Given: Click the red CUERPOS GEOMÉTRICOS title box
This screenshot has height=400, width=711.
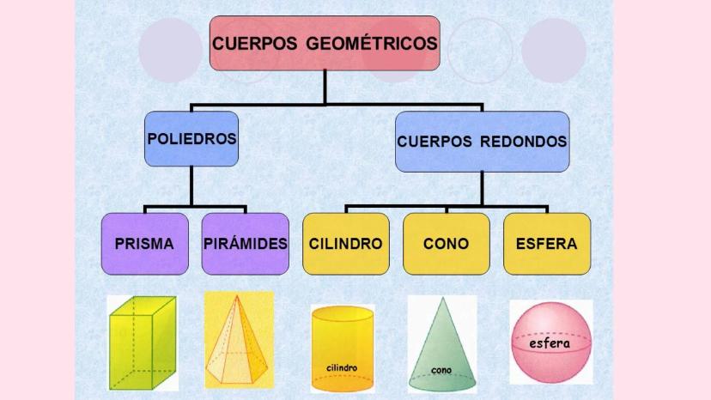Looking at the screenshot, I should coord(325,43).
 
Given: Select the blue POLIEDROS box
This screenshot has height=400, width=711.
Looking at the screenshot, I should coord(191,138).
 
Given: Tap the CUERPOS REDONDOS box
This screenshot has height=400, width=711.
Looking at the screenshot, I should coord(482,141).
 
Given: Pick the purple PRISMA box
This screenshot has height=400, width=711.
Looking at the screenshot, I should coord(143,244).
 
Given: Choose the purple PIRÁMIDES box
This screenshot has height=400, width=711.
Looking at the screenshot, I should coord(246,244).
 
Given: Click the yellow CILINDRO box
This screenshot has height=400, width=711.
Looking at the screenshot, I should coord(345,244).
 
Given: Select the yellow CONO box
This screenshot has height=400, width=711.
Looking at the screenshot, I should coord(446,244).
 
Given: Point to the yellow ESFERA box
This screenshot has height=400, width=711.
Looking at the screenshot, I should coord(546,244).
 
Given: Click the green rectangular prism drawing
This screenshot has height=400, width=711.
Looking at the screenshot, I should coord(141,343).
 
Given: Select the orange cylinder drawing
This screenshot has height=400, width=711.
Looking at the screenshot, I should coord(342,348).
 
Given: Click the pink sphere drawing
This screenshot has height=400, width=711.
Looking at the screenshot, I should coord(550,342).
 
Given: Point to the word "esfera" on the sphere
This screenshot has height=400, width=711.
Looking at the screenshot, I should coord(550,342).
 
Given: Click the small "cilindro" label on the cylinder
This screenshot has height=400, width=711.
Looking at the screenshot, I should coord(342,368).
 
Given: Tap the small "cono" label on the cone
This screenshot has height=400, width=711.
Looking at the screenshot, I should coord(441,371).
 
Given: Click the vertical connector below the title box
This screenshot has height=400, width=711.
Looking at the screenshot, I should coord(325,88).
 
